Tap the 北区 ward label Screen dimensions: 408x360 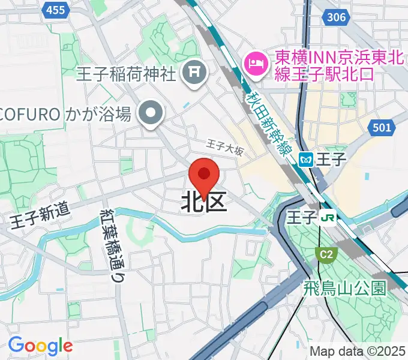204,203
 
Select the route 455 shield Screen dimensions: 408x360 55,9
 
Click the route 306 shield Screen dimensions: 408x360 337,17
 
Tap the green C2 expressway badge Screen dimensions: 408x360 325,255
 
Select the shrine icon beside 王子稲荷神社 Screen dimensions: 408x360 194,74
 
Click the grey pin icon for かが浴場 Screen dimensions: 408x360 149,113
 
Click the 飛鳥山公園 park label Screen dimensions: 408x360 344,287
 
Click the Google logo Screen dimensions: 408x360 40,346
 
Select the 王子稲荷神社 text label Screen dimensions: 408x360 126,74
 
